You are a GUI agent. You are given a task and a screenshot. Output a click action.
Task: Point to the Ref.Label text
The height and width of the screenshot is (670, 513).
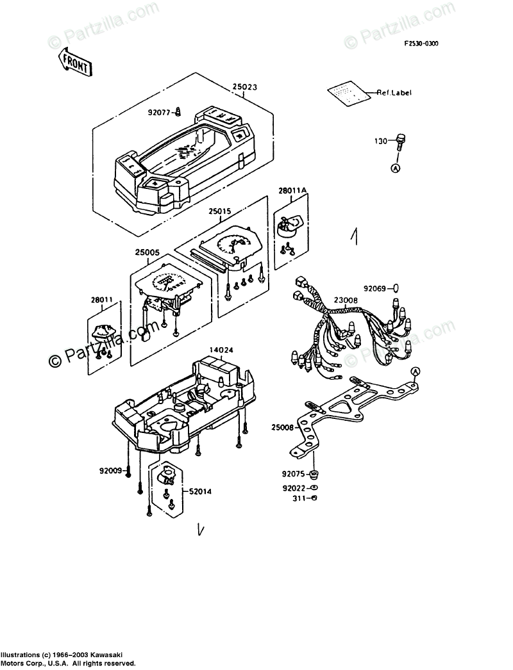tap(394, 93)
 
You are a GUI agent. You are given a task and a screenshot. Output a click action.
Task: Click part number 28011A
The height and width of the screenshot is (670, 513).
tap(292, 191)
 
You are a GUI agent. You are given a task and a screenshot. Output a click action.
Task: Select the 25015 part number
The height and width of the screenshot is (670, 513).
tap(220, 209)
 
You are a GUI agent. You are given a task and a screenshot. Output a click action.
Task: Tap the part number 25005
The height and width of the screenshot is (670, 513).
tap(148, 254)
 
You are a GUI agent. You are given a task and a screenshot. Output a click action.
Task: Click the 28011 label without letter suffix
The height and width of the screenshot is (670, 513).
tap(101, 299)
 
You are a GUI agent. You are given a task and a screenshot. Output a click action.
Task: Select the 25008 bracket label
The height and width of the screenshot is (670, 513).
tap(283, 427)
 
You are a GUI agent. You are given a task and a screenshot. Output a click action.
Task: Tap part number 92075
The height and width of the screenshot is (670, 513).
tap(294, 475)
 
